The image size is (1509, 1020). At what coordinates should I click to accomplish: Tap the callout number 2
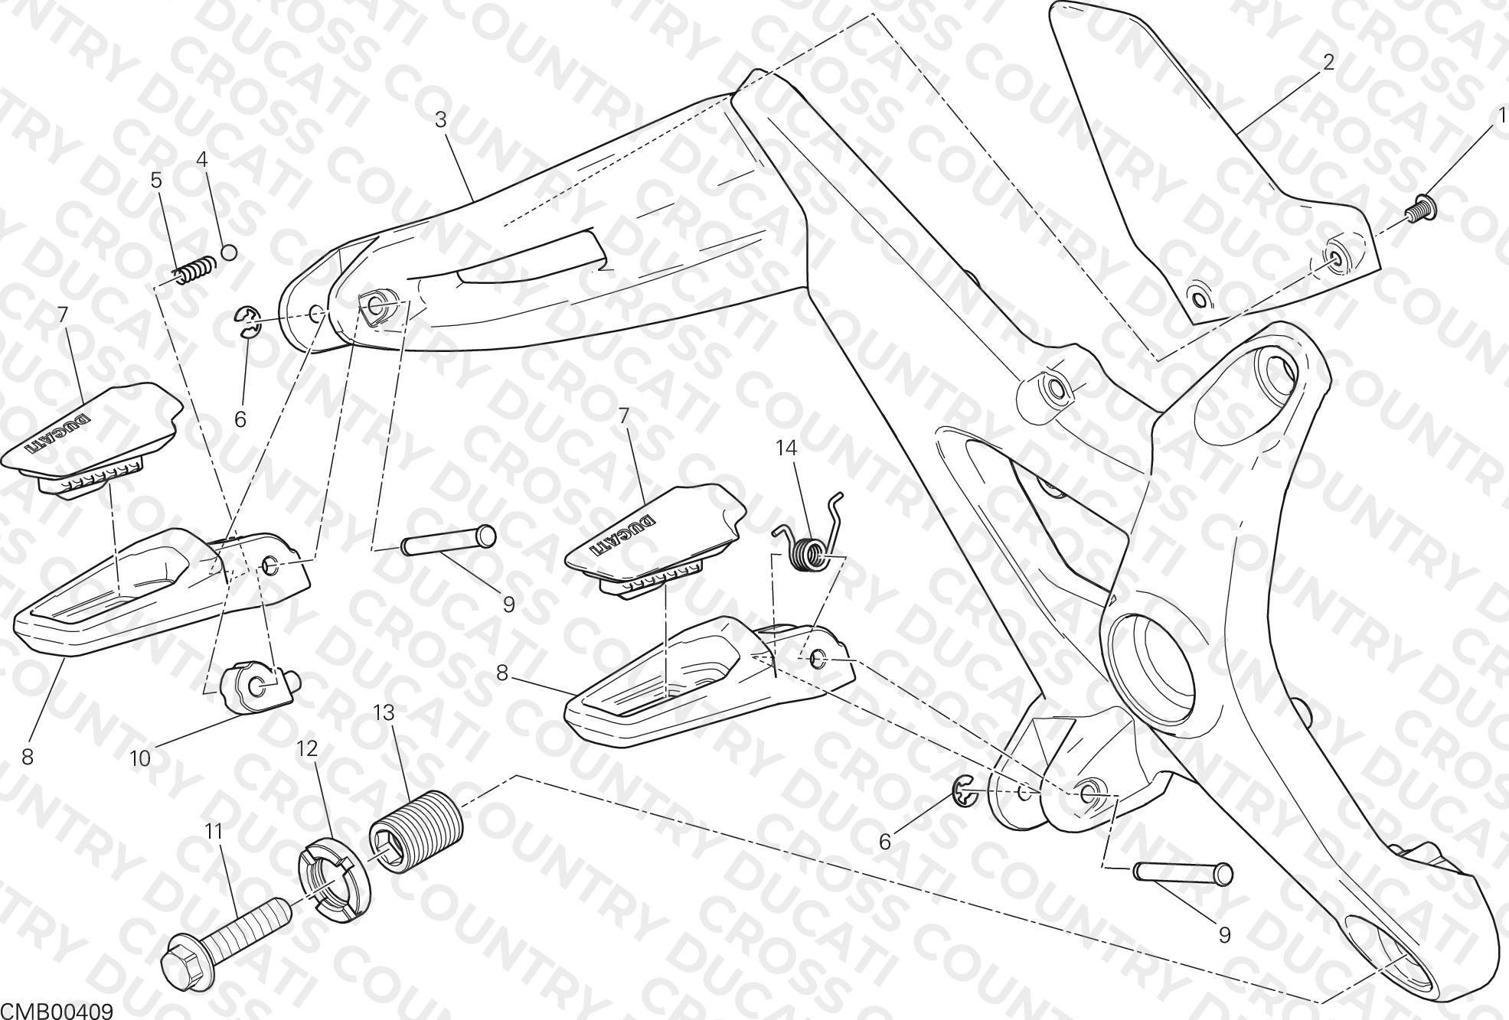[x=1328, y=63]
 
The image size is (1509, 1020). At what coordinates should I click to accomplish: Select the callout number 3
[x=440, y=120]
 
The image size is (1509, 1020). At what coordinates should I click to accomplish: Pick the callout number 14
[x=786, y=448]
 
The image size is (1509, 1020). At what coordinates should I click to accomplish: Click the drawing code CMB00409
[x=57, y=1012]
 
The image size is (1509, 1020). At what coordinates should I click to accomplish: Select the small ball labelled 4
[x=227, y=251]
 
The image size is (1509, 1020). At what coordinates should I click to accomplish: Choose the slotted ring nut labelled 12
[x=334, y=878]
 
